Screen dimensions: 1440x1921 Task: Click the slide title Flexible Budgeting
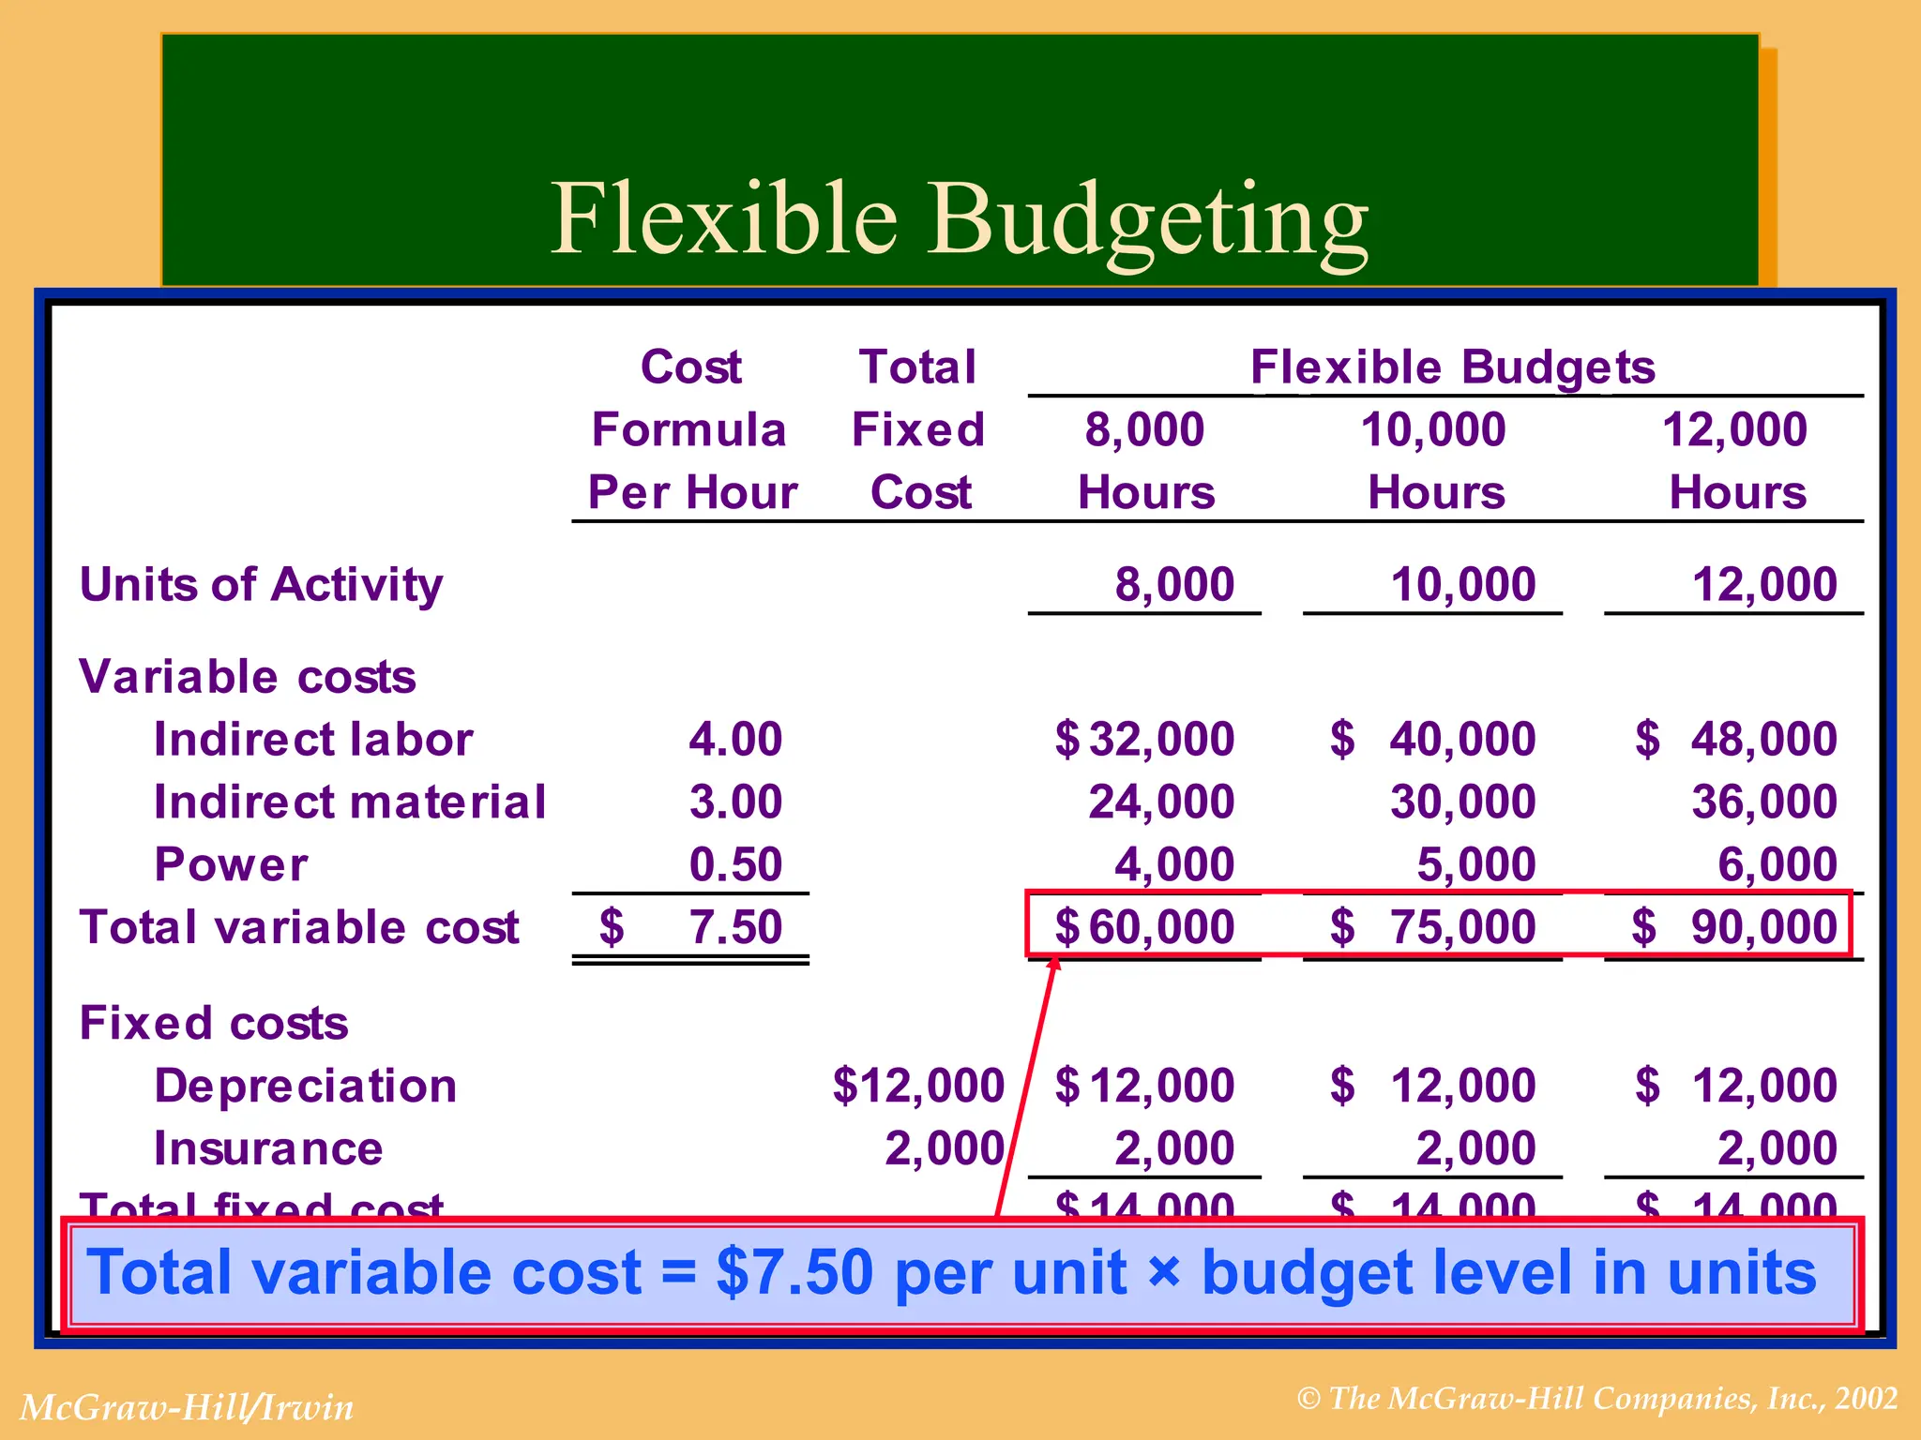click(959, 220)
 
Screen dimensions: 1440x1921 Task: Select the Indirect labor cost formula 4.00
click(734, 739)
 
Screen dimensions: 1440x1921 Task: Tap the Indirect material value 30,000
click(1462, 802)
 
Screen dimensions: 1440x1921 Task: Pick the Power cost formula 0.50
click(734, 864)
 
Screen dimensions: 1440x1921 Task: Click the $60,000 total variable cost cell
click(1144, 927)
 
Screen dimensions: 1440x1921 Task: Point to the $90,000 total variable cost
click(1735, 927)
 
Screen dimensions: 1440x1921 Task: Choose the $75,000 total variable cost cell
click(1433, 927)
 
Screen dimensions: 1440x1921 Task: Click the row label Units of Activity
click(261, 584)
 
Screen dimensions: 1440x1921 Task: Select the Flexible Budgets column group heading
click(1452, 367)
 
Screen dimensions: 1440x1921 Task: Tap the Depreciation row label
click(305, 1086)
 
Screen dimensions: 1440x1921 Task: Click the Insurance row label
click(268, 1148)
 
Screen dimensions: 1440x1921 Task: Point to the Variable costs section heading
click(248, 676)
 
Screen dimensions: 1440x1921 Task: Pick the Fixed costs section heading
click(214, 1023)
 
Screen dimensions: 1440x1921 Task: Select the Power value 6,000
click(1777, 864)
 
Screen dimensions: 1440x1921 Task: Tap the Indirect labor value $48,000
click(1735, 739)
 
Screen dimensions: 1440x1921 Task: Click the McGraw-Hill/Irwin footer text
click(187, 1407)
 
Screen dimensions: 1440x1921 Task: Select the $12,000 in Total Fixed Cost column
click(918, 1086)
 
